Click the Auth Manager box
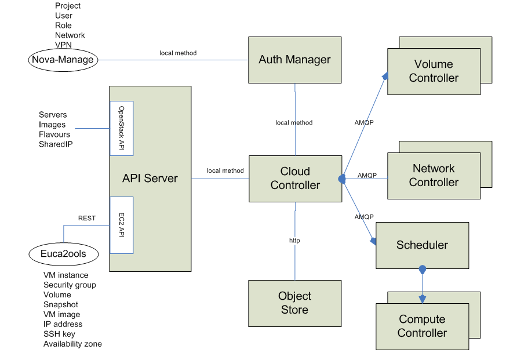click(x=294, y=60)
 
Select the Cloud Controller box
click(x=294, y=178)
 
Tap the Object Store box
click(x=294, y=303)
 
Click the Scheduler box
click(x=422, y=245)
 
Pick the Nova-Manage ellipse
click(x=63, y=59)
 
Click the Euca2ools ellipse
click(x=63, y=254)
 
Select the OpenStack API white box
click(x=122, y=128)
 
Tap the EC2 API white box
click(x=122, y=225)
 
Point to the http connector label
click(x=294, y=240)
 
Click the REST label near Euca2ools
click(x=87, y=219)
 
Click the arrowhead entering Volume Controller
click(x=385, y=75)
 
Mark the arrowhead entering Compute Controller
click(x=423, y=299)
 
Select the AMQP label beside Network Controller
click(x=367, y=175)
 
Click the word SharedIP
click(x=56, y=144)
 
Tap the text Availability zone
click(x=72, y=344)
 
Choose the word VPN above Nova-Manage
click(x=64, y=45)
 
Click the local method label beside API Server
click(x=225, y=170)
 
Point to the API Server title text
click(x=150, y=179)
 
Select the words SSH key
click(x=59, y=334)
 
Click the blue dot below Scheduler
click(x=423, y=269)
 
